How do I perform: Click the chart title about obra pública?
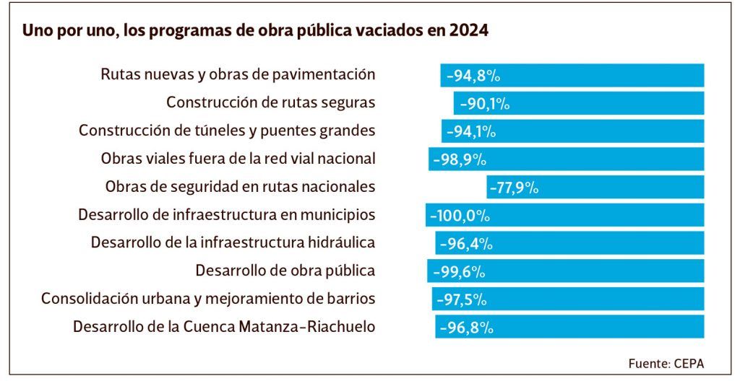255,32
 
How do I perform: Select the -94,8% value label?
474,76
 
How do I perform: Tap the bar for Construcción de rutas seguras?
579,103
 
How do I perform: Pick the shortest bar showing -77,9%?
595,188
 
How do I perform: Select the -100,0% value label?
460,216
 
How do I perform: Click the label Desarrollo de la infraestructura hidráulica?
233,243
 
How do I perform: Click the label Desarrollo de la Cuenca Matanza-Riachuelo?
224,327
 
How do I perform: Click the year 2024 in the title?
468,32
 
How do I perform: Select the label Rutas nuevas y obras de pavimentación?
238,74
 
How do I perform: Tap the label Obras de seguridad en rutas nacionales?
240,187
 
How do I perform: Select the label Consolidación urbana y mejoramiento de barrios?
208,299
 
